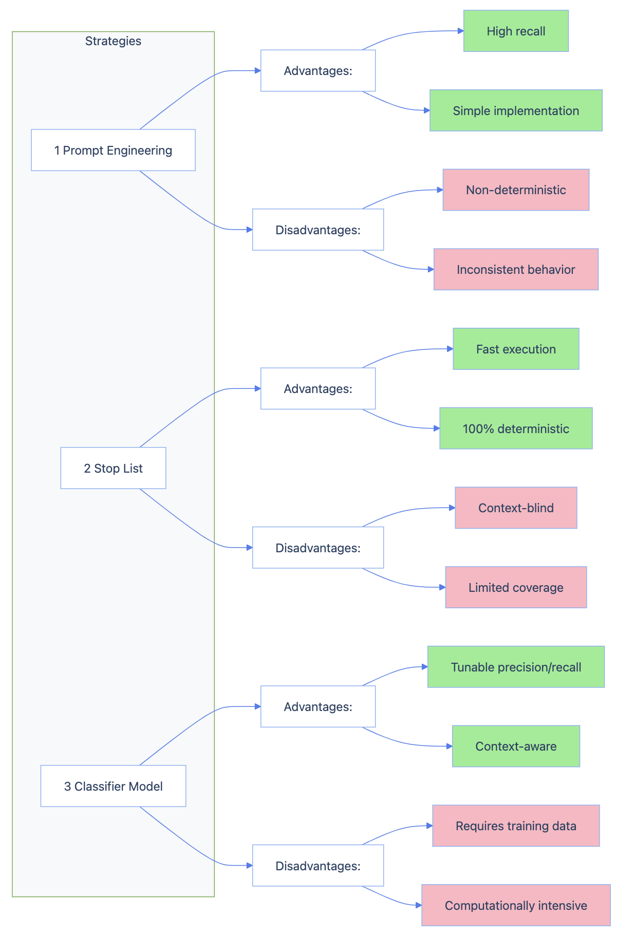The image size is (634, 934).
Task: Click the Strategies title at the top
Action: point(113,41)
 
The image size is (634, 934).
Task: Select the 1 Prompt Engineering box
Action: point(113,150)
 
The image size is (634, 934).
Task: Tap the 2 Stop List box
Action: point(113,468)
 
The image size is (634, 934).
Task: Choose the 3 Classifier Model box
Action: point(113,786)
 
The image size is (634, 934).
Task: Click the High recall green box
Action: point(516,31)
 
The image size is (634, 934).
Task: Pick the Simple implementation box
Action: point(516,110)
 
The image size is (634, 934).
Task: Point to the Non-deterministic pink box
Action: point(516,190)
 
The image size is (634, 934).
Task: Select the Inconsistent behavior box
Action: point(516,269)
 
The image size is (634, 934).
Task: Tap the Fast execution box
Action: point(516,349)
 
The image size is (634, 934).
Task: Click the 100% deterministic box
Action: point(516,428)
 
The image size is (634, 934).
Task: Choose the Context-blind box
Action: point(516,508)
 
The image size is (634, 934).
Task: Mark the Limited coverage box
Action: point(516,587)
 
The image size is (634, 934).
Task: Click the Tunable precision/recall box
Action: point(516,667)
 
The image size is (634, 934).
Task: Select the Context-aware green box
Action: point(516,746)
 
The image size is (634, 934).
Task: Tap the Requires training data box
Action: point(516,826)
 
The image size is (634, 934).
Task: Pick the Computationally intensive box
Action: point(516,905)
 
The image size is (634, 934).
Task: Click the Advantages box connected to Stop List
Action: point(318,388)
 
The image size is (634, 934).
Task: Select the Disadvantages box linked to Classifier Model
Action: point(318,866)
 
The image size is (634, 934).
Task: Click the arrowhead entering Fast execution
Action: point(450,349)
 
